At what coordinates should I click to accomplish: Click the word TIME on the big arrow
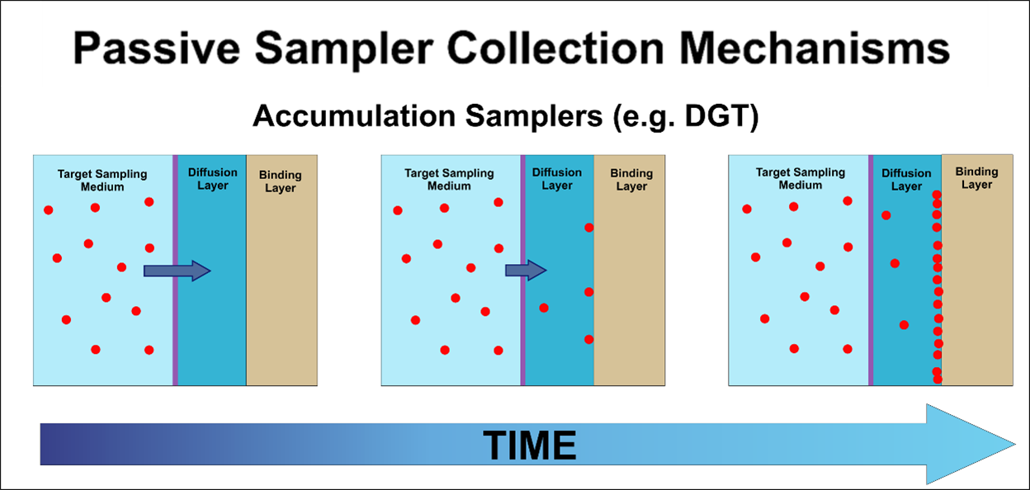point(529,445)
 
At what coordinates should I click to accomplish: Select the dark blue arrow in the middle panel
point(526,270)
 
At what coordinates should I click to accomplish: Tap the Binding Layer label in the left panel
point(281,181)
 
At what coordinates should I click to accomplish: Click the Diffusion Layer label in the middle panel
point(557,179)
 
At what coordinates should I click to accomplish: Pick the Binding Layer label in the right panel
point(976,178)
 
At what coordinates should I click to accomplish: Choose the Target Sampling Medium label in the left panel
point(102,180)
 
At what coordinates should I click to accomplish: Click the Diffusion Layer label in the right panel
point(906,180)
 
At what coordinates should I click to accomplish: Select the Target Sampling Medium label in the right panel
point(801,179)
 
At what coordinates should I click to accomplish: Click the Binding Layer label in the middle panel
point(631,180)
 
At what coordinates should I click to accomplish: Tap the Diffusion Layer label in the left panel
point(212,179)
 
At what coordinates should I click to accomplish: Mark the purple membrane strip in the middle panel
point(523,330)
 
